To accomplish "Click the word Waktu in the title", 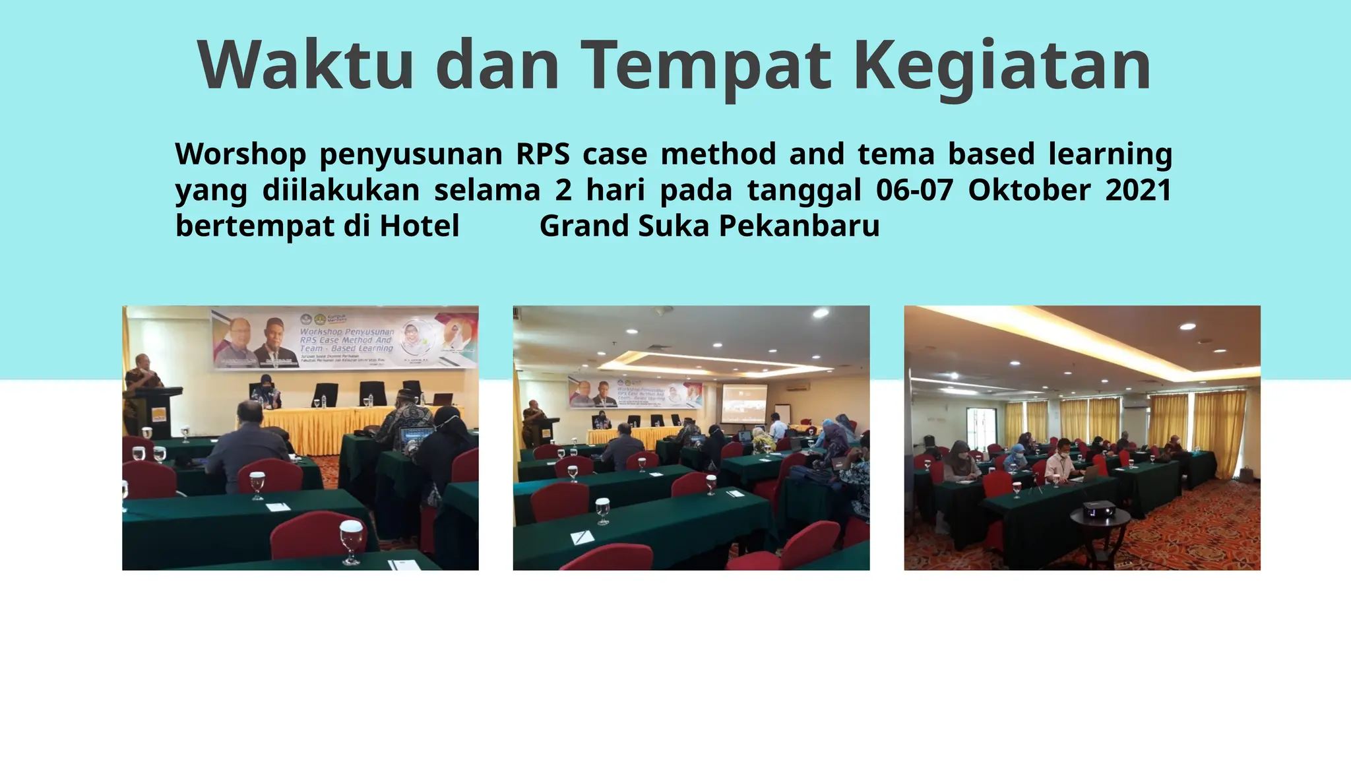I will click(x=305, y=66).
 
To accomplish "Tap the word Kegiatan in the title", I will click(x=1002, y=66).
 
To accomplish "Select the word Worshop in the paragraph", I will click(x=240, y=154).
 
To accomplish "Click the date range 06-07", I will click(x=914, y=190).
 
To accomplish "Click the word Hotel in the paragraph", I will click(x=419, y=226).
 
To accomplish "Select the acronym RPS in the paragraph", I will click(x=542, y=154).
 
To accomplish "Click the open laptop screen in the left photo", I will click(x=417, y=437).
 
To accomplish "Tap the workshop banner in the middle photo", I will click(x=635, y=393).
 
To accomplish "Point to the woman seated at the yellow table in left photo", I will click(x=267, y=393).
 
